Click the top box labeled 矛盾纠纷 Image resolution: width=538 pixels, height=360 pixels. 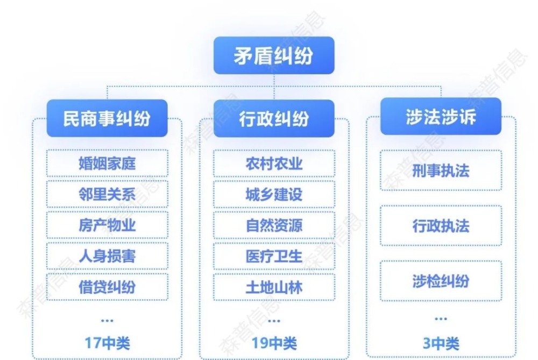coord(274,55)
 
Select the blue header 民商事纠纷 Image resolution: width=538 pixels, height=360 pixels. coord(107,118)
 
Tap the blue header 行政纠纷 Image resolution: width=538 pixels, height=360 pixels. coord(274,118)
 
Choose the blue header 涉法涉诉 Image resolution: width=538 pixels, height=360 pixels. coord(441,116)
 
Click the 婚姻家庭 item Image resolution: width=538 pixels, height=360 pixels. coord(107,164)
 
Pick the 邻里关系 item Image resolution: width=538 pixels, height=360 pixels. coord(107,194)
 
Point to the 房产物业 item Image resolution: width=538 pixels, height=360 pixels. coord(107,225)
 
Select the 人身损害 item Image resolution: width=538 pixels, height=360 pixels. coord(107,256)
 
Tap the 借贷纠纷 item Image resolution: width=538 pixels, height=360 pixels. coord(107,287)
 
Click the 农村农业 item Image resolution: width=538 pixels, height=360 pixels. coord(274,164)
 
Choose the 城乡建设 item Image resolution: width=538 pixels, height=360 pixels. coord(274,194)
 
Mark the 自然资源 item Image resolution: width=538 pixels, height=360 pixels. coord(274,225)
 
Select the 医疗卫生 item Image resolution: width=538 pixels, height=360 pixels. coord(274,256)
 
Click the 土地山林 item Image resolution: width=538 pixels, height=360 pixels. coord(274,287)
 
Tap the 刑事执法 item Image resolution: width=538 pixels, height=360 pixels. coord(441,170)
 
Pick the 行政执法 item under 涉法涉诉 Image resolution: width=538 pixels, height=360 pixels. coord(441,225)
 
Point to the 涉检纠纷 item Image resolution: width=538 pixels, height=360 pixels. coord(441,281)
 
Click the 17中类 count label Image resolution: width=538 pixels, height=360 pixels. coord(107,343)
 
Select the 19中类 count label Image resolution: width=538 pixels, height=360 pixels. coord(274,343)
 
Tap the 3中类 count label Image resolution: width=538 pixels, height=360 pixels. coord(441,343)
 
